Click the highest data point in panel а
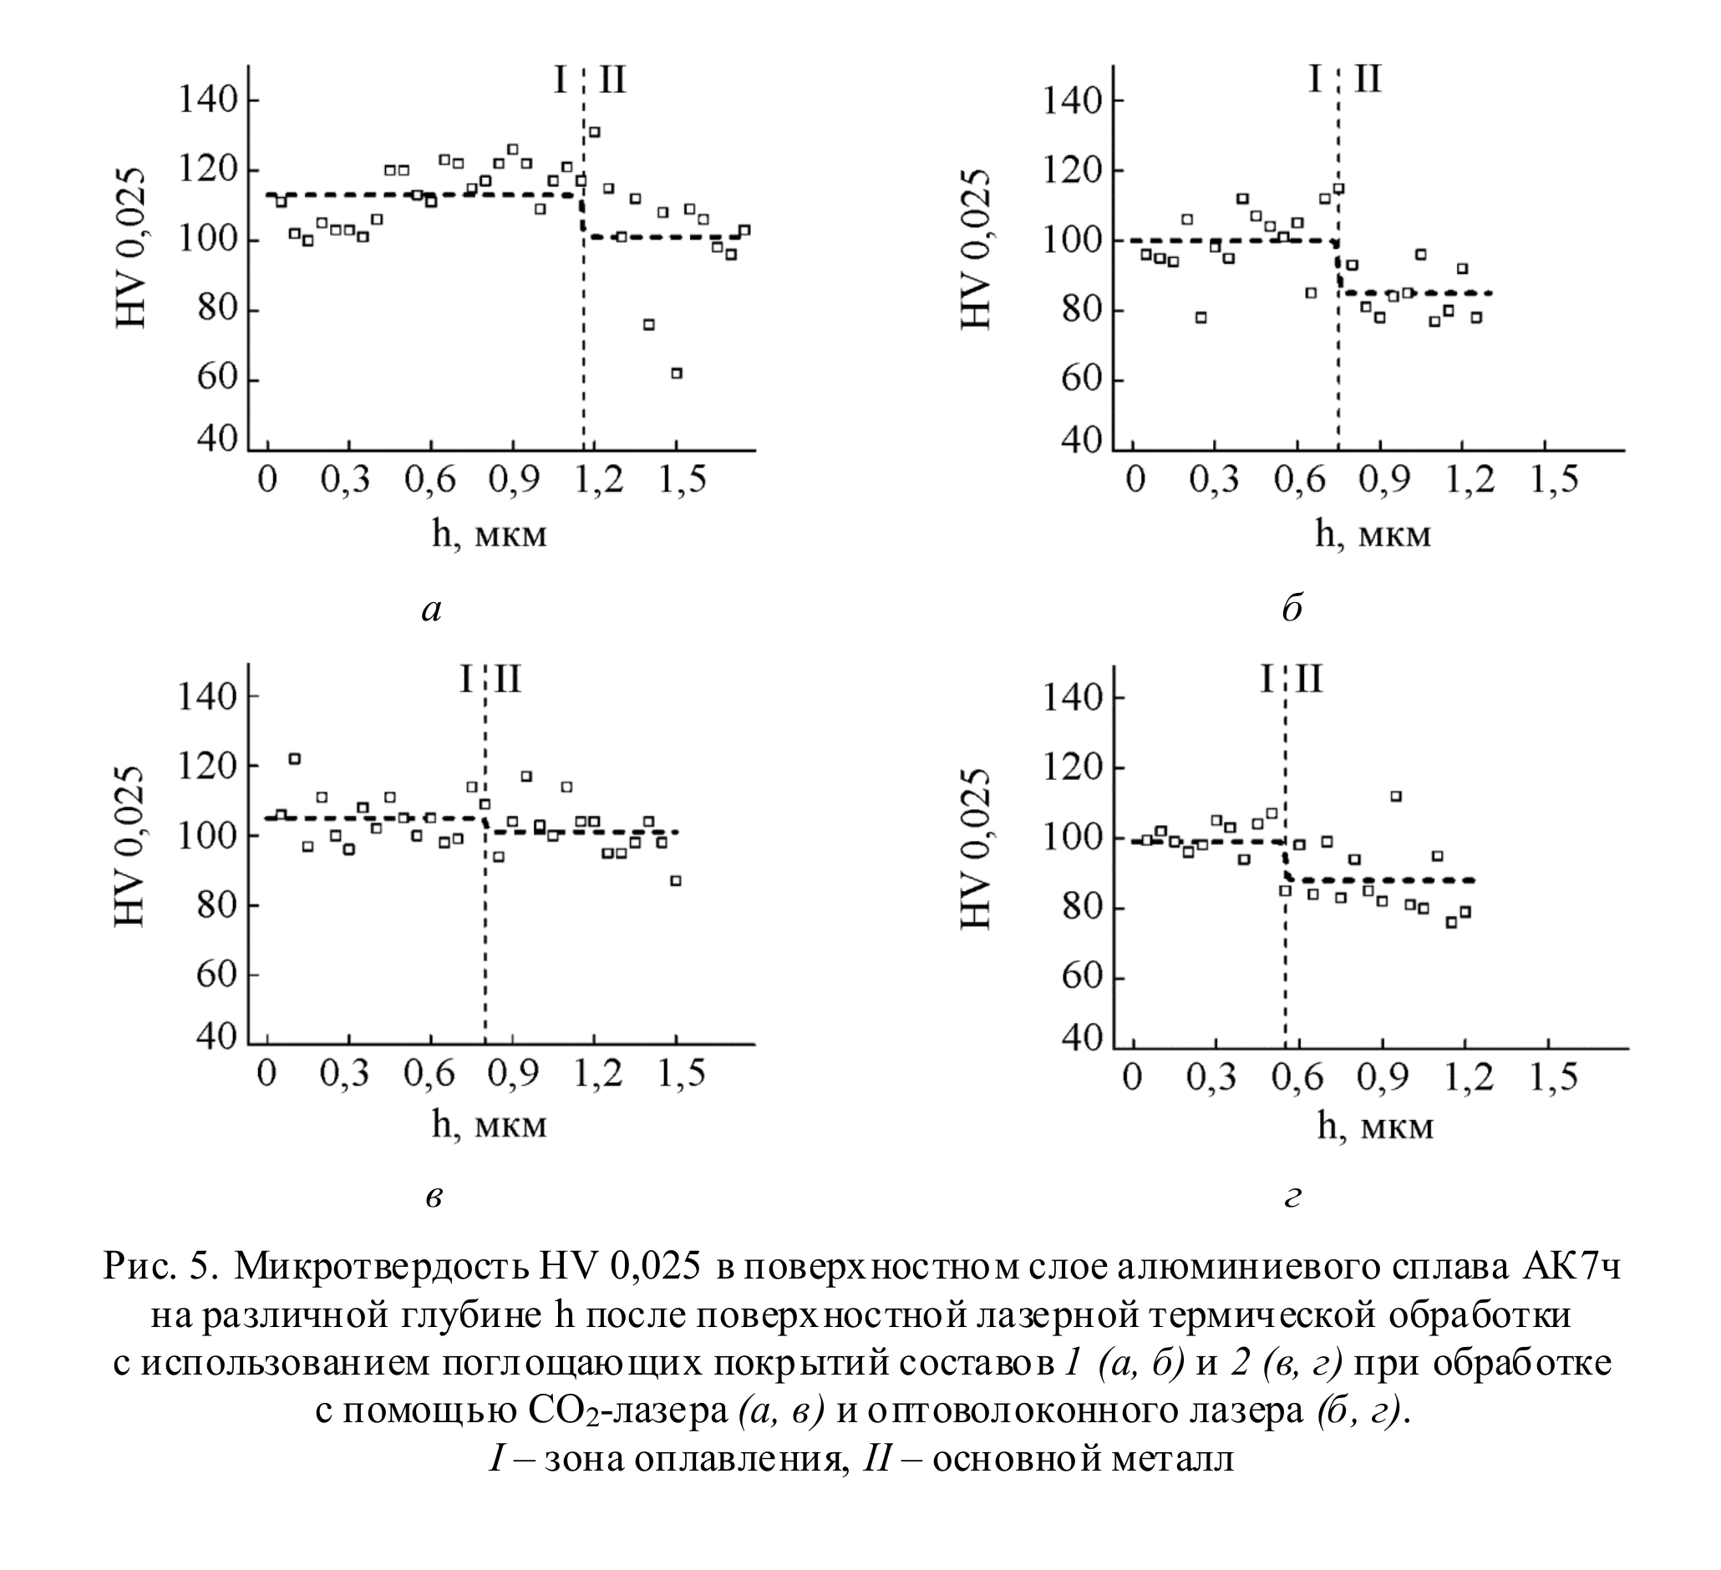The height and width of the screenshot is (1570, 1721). click(x=594, y=132)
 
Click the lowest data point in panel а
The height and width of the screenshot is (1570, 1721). click(x=676, y=372)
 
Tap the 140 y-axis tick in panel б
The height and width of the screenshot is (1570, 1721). click(x=1070, y=101)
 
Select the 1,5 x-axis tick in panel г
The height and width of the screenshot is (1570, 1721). click(x=1553, y=1077)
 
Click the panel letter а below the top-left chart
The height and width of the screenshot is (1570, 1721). click(x=432, y=610)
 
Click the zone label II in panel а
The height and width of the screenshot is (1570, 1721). click(x=612, y=80)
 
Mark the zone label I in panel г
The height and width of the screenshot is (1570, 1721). click(x=1267, y=680)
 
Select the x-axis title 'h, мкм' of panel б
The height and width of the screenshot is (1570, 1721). click(x=1373, y=534)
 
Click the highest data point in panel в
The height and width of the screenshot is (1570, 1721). click(x=295, y=758)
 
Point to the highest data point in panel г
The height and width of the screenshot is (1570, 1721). click(x=1396, y=796)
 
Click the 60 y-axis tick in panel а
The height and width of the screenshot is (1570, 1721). click(x=217, y=380)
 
